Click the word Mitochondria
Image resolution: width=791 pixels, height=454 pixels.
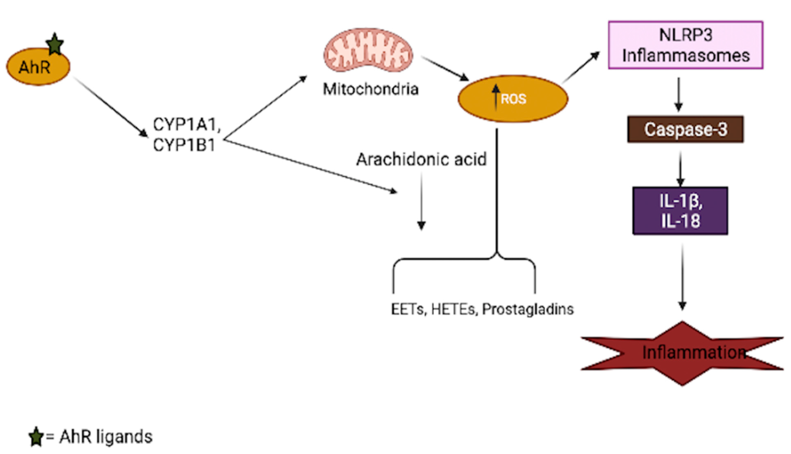point(371,89)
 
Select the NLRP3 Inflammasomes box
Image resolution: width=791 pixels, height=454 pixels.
point(686,45)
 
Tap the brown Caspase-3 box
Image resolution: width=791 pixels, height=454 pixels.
point(686,129)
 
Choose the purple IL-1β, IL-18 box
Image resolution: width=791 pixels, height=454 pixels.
point(680,211)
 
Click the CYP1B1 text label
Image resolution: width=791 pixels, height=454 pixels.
point(184,145)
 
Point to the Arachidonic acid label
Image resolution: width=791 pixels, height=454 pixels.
point(421,160)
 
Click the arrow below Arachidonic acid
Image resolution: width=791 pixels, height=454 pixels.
point(421,201)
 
